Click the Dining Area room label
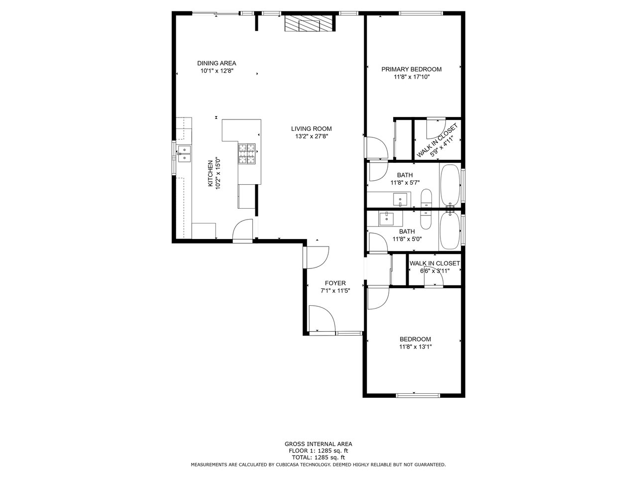[216, 63]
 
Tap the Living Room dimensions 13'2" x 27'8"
[312, 136]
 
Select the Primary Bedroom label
[411, 69]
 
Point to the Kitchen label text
[211, 174]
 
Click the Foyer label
[335, 283]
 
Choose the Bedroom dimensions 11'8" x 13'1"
[415, 347]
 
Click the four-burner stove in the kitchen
[247, 154]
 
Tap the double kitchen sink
[184, 153]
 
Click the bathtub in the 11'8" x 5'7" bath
[450, 185]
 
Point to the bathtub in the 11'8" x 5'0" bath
[450, 231]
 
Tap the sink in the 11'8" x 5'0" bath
[386, 220]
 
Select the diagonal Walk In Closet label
[437, 140]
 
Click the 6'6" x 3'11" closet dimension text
[435, 271]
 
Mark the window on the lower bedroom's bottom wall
[418, 395]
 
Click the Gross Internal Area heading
[318, 444]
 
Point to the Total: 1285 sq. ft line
[318, 458]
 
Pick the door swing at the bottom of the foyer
[322, 318]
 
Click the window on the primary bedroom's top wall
[421, 13]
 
